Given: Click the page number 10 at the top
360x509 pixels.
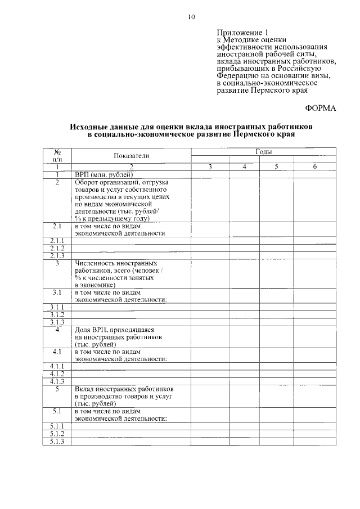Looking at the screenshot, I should click(191, 17).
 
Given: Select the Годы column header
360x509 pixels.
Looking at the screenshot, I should click(263, 152).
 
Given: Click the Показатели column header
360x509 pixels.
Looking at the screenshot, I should click(130, 155).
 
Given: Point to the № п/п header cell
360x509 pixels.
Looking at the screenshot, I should click(57, 155).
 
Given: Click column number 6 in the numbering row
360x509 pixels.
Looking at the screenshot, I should click(314, 167).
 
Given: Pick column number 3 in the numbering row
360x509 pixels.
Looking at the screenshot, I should click(210, 167).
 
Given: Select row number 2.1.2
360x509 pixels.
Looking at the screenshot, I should click(57, 248).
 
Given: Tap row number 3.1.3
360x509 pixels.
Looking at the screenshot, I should click(57, 322).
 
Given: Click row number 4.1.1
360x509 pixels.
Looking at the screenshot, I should click(57, 366).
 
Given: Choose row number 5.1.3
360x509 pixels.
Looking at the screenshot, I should click(57, 442).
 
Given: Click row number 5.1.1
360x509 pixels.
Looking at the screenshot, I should click(57, 426).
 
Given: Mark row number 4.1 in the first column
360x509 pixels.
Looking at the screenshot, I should click(57, 352).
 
